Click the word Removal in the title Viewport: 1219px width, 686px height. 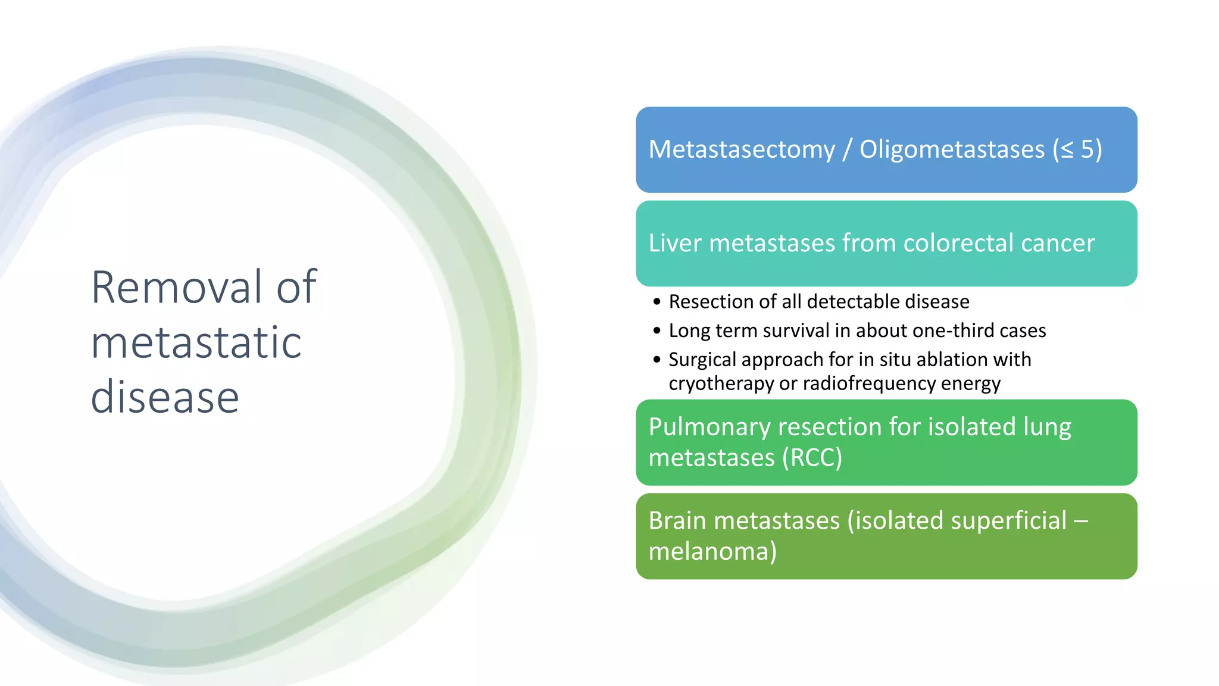click(176, 288)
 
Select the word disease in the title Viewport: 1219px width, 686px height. click(165, 397)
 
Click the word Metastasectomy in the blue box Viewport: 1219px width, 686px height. click(742, 149)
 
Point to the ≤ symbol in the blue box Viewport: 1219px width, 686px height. click(1067, 150)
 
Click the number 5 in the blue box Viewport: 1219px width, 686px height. click(1087, 149)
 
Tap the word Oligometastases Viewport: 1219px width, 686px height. click(952, 149)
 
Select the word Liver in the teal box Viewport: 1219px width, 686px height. click(674, 243)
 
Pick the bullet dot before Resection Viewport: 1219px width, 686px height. click(657, 302)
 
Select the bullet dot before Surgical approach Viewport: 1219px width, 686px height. click(657, 360)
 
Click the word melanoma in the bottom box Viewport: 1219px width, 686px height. click(708, 551)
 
